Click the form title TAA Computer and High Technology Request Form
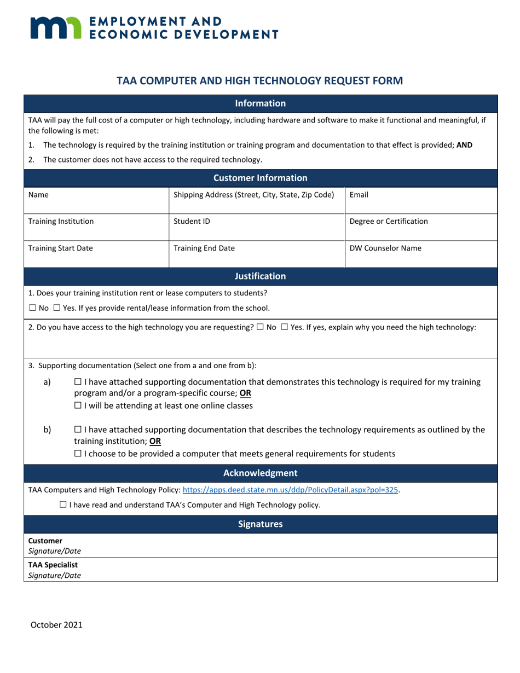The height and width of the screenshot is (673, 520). [260, 81]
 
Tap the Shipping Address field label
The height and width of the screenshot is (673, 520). [253, 194]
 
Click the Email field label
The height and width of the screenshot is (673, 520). [359, 194]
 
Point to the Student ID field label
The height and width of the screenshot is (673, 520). [188, 222]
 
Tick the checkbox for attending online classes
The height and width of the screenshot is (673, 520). [77, 406]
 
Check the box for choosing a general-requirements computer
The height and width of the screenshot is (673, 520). [77, 454]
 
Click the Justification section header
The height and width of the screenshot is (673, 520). [260, 276]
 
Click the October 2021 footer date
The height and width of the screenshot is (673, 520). [56, 624]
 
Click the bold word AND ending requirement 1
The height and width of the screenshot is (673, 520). [464, 146]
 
